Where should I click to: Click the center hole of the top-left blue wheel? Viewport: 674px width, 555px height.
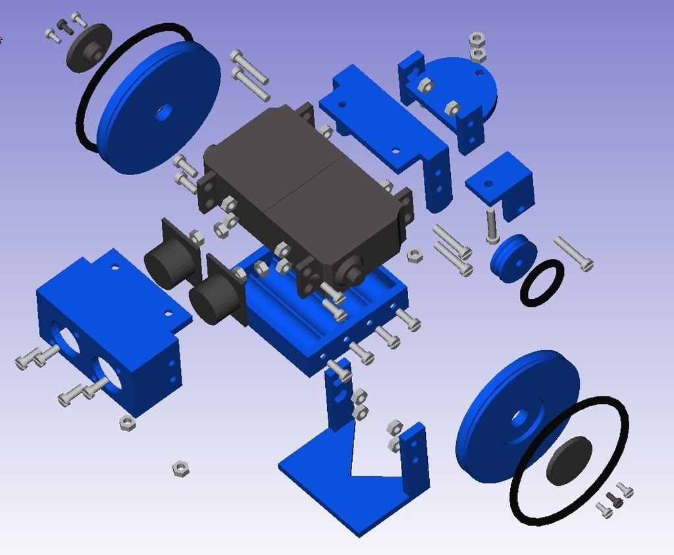[162, 113]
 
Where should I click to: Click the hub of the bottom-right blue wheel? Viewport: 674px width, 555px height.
[520, 418]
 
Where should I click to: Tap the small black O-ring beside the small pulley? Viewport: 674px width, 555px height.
[542, 282]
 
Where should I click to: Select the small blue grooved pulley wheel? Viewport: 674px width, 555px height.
[513, 259]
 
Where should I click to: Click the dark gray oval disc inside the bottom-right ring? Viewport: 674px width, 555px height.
[569, 460]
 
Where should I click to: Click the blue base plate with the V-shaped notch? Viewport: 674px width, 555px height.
[342, 487]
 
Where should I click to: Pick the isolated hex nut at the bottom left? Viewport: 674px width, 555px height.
[181, 468]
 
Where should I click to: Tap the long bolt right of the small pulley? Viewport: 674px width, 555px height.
[573, 253]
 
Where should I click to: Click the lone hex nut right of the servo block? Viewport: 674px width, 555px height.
[415, 255]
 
